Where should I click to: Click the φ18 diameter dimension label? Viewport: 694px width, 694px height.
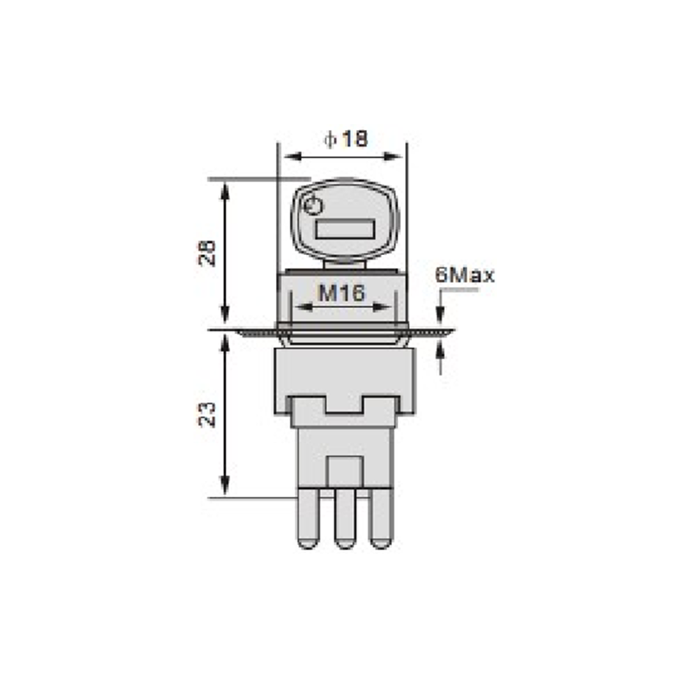click(x=345, y=139)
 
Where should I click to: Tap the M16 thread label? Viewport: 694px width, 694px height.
click(x=342, y=292)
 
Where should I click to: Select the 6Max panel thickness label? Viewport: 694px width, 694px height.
click(x=465, y=275)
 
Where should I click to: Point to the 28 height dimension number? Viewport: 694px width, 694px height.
click(x=206, y=253)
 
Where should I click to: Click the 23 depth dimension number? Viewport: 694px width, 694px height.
click(x=206, y=415)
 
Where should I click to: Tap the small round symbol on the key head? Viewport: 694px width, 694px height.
click(x=313, y=206)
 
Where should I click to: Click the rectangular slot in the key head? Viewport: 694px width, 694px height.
click(x=345, y=229)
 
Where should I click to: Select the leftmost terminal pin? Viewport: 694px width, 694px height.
click(x=308, y=518)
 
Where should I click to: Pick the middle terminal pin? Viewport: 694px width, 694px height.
click(x=344, y=518)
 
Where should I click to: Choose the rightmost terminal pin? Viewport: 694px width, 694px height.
click(x=381, y=518)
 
